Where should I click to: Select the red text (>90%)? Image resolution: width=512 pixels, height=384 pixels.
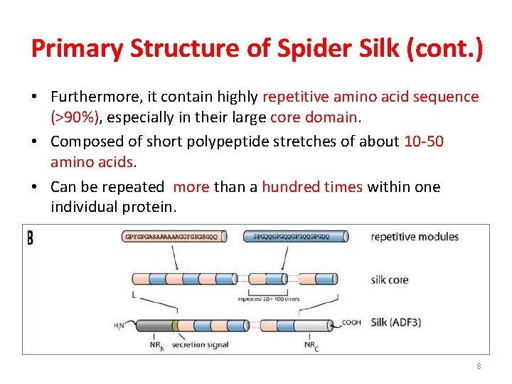78,117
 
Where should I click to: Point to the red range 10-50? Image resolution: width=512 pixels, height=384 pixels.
424,142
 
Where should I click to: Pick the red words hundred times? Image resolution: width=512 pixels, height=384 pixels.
311,187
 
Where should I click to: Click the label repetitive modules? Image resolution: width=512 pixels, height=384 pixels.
415,237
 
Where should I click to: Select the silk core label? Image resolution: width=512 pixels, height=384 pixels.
390,279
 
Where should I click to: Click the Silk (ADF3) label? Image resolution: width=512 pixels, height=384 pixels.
396,322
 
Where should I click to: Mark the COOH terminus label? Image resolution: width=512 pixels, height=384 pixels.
351,322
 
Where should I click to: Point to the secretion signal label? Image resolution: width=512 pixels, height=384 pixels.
200,345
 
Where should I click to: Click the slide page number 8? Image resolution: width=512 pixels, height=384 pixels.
479,366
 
